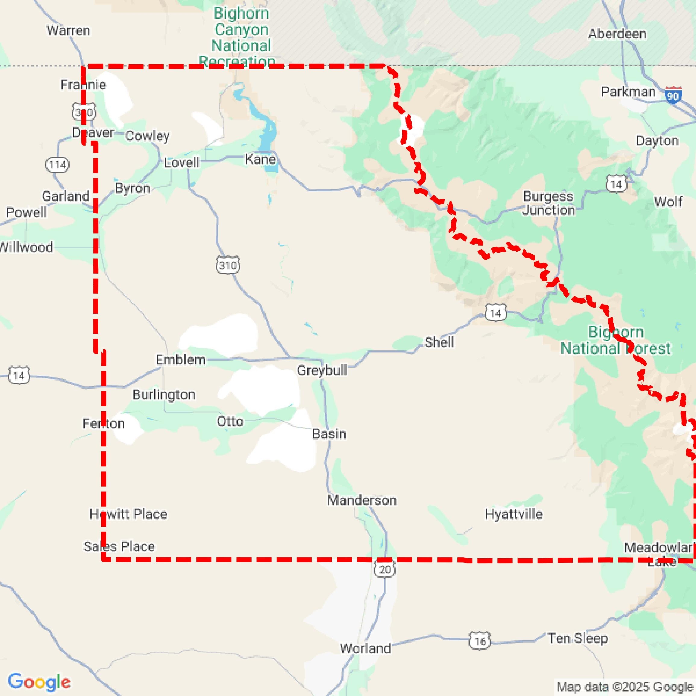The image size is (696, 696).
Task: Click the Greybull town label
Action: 322,370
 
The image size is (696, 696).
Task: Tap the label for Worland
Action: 365,648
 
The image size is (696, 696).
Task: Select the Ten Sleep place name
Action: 578,638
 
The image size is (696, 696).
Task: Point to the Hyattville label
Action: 513,514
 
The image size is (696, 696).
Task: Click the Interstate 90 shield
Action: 673,95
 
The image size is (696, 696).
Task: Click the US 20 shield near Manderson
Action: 385,569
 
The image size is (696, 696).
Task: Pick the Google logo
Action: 39,682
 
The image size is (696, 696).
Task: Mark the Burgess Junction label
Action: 548,203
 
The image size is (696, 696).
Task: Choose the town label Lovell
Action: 181,162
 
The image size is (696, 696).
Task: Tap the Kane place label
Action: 260,159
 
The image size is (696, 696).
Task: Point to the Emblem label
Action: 180,359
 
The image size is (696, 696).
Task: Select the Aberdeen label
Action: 617,34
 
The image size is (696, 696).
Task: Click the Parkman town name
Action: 628,92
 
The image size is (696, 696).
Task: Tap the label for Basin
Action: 329,434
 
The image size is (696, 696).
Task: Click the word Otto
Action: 230,421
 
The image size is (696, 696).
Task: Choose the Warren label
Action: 68,30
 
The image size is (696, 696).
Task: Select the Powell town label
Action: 26,212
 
